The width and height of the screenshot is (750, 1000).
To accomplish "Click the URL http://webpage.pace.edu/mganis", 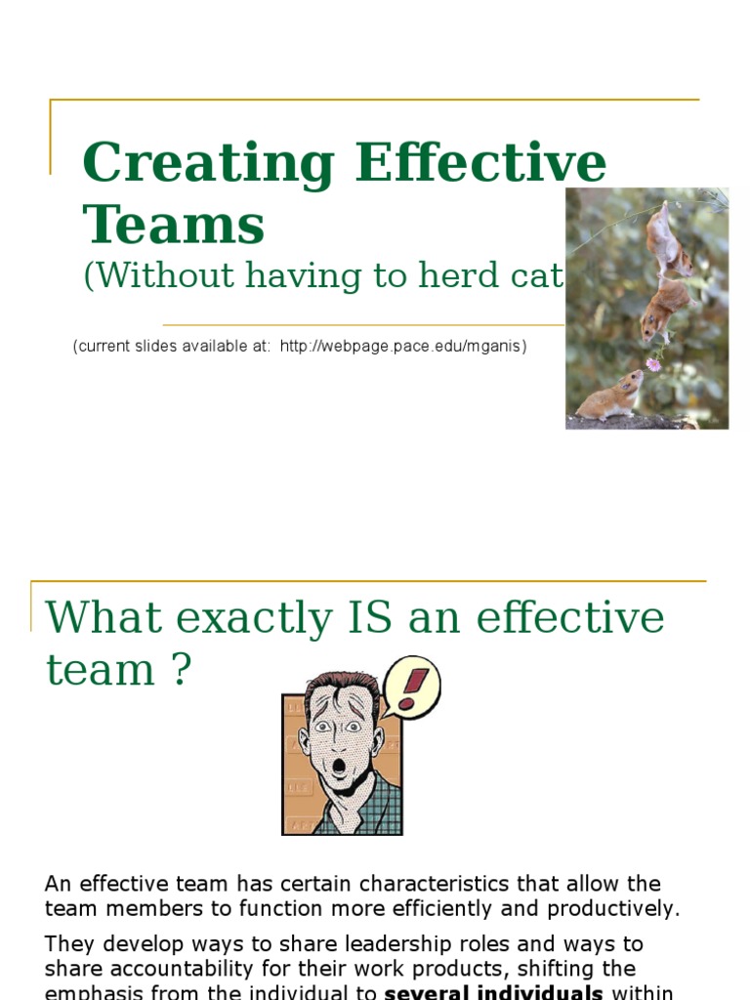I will coord(403,347).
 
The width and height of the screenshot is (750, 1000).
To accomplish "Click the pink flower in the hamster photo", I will coord(652,364).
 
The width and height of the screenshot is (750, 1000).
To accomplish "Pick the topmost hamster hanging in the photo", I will coord(667,239).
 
